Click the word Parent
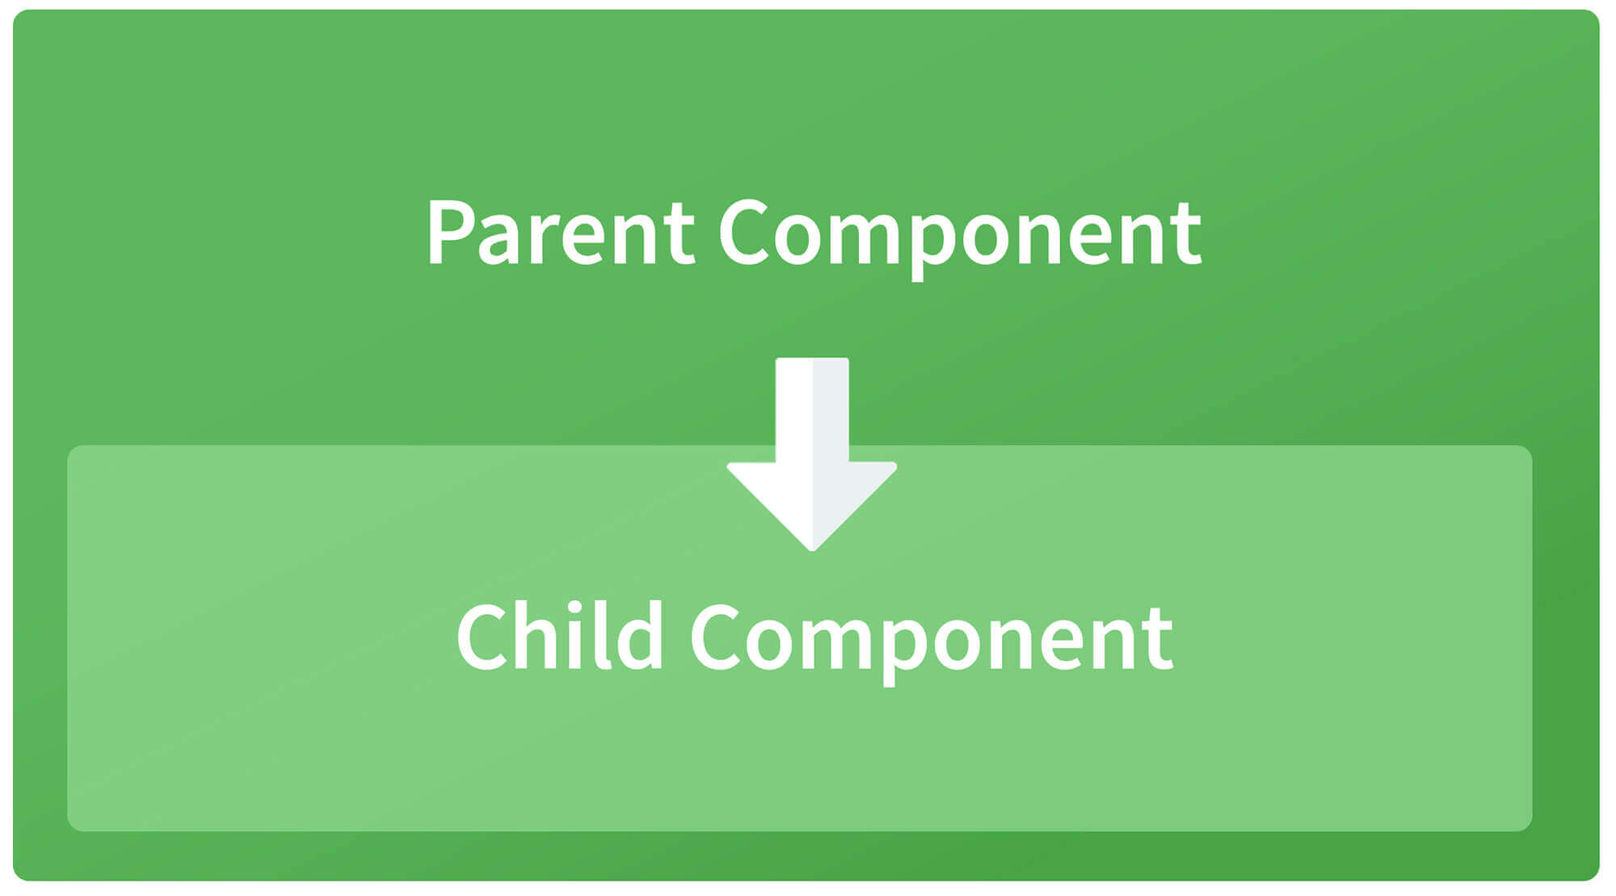click(561, 233)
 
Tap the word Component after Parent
click(960, 239)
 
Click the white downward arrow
click(812, 455)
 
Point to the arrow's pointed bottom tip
click(812, 551)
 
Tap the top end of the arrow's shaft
click(812, 360)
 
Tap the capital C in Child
click(482, 636)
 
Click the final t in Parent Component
click(1186, 236)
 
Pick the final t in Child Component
click(1157, 640)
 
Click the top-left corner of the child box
click(68, 446)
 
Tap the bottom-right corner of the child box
click(1531, 830)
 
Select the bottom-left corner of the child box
click(68, 830)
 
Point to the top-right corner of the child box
click(1531, 446)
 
